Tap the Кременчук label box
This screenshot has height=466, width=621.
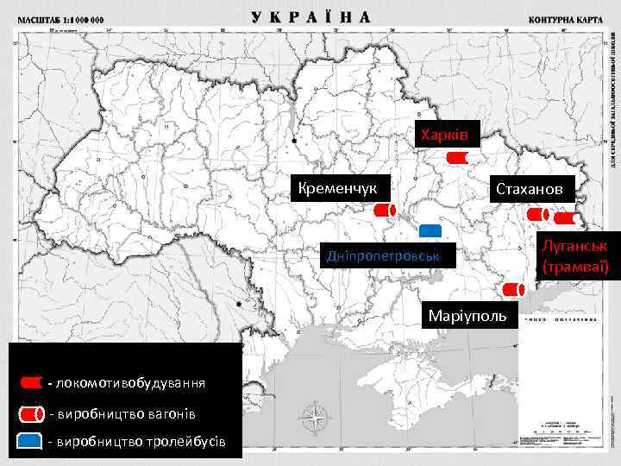tap(341, 187)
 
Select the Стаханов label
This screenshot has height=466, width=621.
tap(529, 188)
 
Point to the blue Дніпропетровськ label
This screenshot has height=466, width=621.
tap(379, 256)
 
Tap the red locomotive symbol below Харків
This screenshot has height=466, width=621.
tap(458, 159)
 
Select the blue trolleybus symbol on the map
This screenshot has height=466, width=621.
tap(430, 230)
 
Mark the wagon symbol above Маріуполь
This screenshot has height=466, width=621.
tap(514, 288)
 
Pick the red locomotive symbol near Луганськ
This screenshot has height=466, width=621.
tap(570, 219)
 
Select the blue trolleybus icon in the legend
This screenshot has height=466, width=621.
tap(30, 441)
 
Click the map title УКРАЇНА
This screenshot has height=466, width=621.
tap(311, 16)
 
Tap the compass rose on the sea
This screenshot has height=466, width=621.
tap(317, 419)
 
